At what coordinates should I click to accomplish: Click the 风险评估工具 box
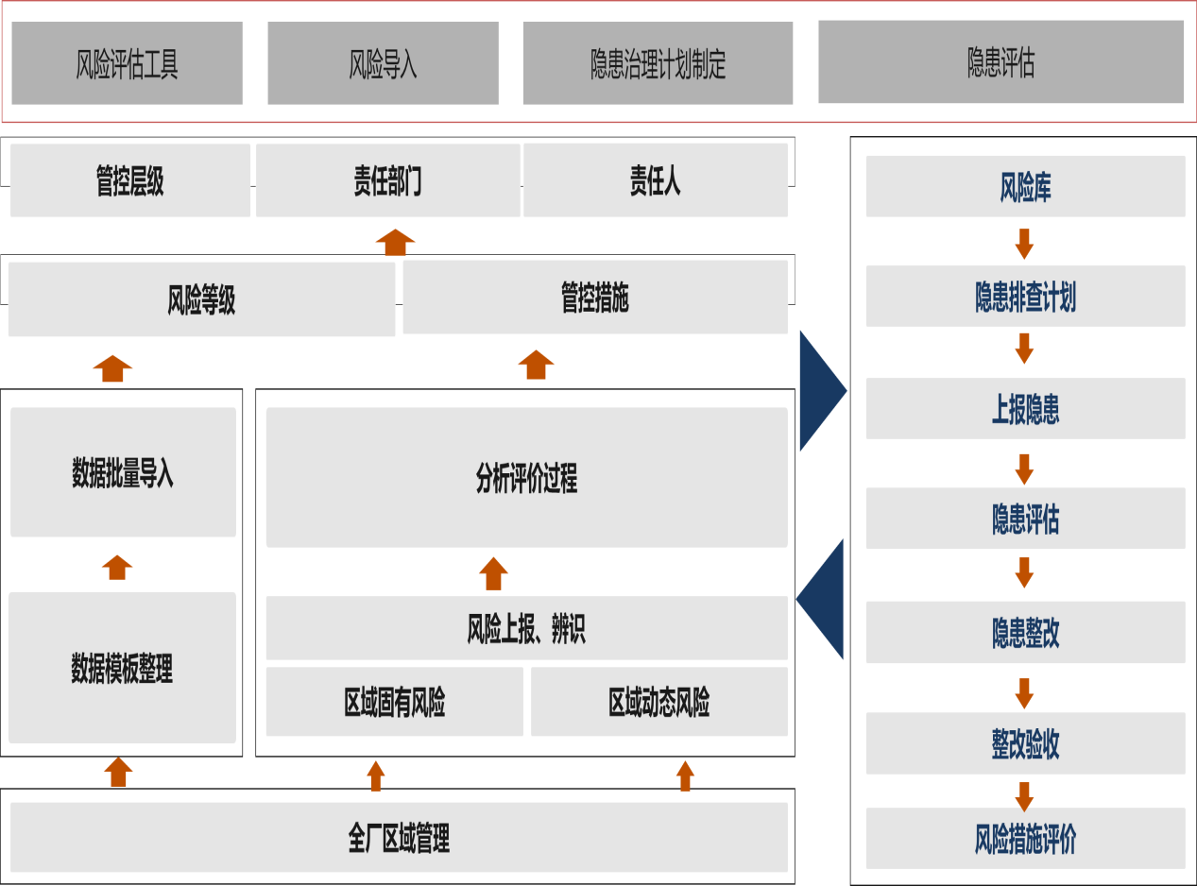[127, 63]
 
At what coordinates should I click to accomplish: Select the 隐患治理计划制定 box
[658, 63]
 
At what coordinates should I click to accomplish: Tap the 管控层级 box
[130, 180]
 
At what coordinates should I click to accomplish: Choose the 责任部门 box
[387, 180]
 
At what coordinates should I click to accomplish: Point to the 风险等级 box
[201, 298]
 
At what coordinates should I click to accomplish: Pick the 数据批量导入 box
[123, 472]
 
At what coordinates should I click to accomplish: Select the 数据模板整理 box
[122, 668]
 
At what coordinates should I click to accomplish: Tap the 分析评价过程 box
[526, 478]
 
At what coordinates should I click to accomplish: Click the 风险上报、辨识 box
[526, 628]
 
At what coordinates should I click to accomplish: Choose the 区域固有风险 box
[394, 702]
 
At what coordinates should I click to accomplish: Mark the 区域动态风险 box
[658, 702]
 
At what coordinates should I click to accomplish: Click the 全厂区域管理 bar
[399, 837]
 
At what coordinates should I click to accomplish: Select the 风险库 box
[1025, 186]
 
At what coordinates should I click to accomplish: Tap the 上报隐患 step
[1025, 409]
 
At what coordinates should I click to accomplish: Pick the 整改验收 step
[1025, 743]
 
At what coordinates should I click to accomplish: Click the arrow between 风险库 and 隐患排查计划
[1024, 243]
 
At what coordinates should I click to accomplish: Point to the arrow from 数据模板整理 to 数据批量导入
[116, 567]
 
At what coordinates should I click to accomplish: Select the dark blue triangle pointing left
[822, 598]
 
